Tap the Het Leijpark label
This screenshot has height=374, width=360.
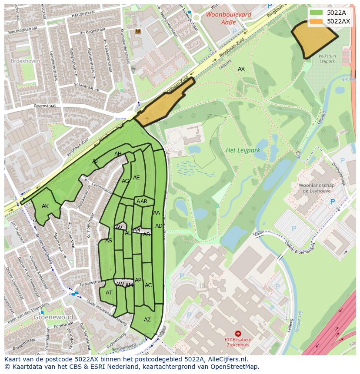243,150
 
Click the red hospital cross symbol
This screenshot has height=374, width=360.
238,333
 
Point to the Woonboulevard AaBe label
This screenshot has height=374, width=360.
222,18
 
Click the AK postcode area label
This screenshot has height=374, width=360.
45,206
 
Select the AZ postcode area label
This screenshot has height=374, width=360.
147,320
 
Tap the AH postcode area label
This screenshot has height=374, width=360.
118,154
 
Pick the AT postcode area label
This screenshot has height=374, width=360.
109,293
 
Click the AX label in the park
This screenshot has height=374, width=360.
241,69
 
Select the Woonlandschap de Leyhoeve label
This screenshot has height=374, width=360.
316,188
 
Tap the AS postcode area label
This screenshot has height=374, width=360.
109,241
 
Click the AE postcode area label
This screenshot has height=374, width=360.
137,178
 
